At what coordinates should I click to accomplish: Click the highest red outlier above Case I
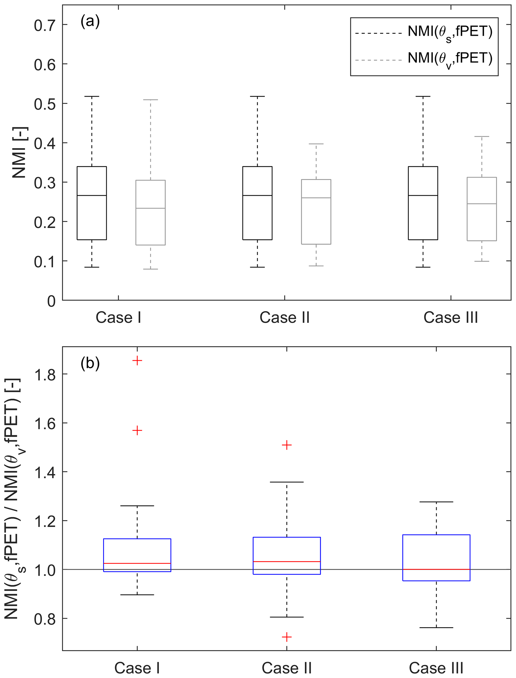click(137, 361)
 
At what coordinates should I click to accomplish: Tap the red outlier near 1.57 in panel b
click(137, 430)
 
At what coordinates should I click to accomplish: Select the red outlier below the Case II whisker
click(287, 637)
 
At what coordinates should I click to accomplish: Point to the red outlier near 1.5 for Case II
click(287, 445)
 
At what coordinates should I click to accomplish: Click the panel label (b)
click(90, 363)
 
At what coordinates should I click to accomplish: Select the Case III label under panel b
click(436, 668)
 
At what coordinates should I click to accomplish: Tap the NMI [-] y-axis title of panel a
click(19, 152)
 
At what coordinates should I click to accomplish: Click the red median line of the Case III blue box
click(436, 569)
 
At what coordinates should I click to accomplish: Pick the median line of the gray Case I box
click(151, 208)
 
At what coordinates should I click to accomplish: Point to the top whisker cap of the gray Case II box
click(316, 144)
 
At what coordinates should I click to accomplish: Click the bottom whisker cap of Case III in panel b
click(436, 628)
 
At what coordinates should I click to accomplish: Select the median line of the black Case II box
click(257, 195)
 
